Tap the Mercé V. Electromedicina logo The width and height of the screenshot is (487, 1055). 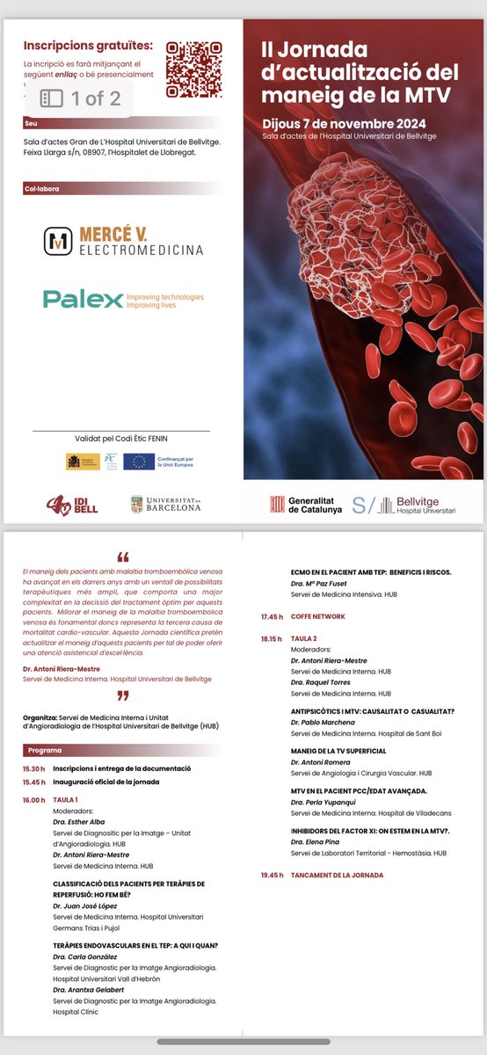[123, 242]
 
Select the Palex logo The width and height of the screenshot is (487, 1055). [123, 300]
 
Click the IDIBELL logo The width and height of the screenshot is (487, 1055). [72, 506]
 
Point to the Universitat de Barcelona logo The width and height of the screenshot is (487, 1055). [165, 505]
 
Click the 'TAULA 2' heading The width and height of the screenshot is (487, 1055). [304, 640]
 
